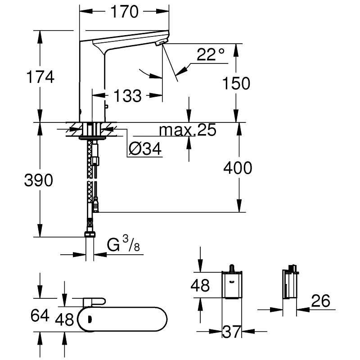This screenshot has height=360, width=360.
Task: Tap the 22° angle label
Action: coord(210,55)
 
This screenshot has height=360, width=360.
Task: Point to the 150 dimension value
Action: coord(236,83)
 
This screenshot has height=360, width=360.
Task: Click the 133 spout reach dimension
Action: coord(127,95)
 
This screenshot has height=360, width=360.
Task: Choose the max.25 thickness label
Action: coord(188,130)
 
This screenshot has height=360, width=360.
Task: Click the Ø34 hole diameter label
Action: coord(145,149)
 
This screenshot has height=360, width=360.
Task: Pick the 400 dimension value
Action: coord(238,168)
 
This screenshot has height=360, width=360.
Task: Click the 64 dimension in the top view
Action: coord(39,315)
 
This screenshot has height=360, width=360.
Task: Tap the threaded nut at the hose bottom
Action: coord(90,234)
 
